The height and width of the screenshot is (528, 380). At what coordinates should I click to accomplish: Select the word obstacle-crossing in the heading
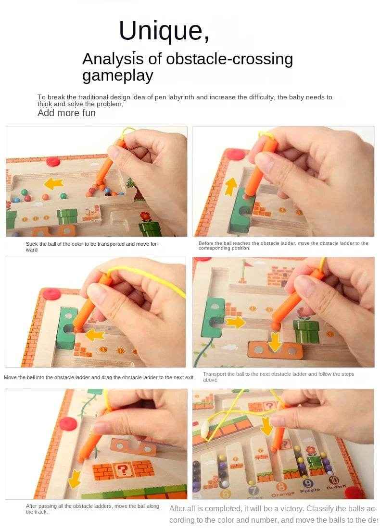click(x=229, y=59)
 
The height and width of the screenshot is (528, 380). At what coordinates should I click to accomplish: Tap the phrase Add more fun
click(x=66, y=113)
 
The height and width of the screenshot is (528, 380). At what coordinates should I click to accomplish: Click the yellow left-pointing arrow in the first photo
click(x=54, y=183)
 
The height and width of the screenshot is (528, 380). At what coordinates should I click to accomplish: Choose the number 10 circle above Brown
click(x=334, y=480)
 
